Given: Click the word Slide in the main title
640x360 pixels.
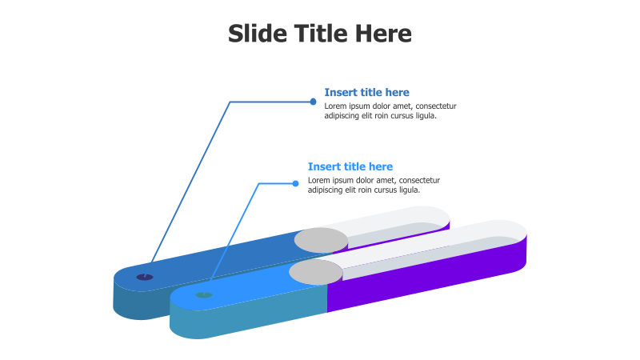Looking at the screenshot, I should [255, 34].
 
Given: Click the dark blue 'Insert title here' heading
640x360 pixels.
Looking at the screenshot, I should [366, 93].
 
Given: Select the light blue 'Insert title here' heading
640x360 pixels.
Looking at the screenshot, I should [350, 166].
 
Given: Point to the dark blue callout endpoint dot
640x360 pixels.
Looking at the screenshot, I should [313, 102].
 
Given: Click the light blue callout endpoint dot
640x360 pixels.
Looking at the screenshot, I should [295, 183].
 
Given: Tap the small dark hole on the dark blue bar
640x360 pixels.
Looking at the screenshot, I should [144, 277].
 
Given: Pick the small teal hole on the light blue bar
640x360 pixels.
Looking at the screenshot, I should [204, 295].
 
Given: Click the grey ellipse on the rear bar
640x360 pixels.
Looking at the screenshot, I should [321, 239].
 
